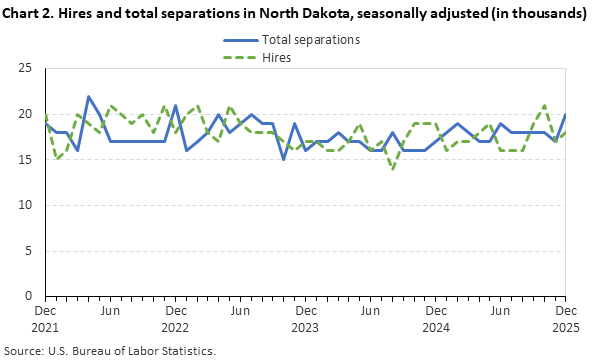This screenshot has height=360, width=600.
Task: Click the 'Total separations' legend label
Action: pyautogui.click(x=310, y=40)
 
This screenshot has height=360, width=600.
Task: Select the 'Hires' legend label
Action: pyautogui.click(x=277, y=58)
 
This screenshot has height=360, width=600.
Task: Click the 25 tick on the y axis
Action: pyautogui.click(x=27, y=68)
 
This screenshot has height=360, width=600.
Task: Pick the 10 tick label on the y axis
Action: pyautogui.click(x=27, y=205)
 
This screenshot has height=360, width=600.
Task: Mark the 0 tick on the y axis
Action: pyautogui.click(x=31, y=296)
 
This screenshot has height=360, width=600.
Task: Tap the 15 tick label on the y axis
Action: pyautogui.click(x=27, y=159)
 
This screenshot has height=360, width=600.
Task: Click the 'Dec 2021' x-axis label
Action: pyautogui.click(x=45, y=318)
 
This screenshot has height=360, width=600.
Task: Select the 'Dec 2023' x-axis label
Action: pyautogui.click(x=306, y=318)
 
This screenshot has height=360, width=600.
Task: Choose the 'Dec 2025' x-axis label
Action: pyautogui.click(x=566, y=318)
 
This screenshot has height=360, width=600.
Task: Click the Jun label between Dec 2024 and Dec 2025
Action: pyautogui.click(x=501, y=311)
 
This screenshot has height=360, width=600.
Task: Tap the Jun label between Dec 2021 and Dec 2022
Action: pyautogui.click(x=110, y=311)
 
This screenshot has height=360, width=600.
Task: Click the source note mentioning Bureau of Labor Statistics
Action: pyautogui.click(x=111, y=351)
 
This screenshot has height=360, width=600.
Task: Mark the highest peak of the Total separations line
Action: pyautogui.click(x=89, y=97)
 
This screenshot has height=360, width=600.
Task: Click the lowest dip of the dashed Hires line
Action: pyautogui.click(x=393, y=168)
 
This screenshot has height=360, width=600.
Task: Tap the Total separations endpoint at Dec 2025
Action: pyautogui.click(x=566, y=114)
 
